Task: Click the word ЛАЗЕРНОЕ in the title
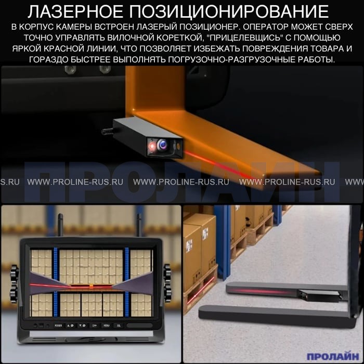pyautogui.click(x=75, y=11)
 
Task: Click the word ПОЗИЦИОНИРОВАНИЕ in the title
pyautogui.click(x=229, y=11)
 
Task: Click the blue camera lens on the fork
pyautogui.click(x=163, y=145)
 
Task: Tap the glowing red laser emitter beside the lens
pyautogui.click(x=152, y=147)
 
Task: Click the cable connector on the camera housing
pyautogui.click(x=107, y=132)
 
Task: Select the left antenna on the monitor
pyautogui.click(x=60, y=225)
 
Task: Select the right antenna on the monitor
pyautogui.click(x=139, y=225)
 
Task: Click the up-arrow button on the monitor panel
pyautogui.click(x=71, y=326)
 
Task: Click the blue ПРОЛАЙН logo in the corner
pyautogui.click(x=333, y=356)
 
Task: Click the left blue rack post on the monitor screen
pyautogui.click(x=56, y=282)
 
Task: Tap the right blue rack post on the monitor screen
pyautogui.click(x=127, y=282)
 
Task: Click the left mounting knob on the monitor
pyautogui.click(x=14, y=284)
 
